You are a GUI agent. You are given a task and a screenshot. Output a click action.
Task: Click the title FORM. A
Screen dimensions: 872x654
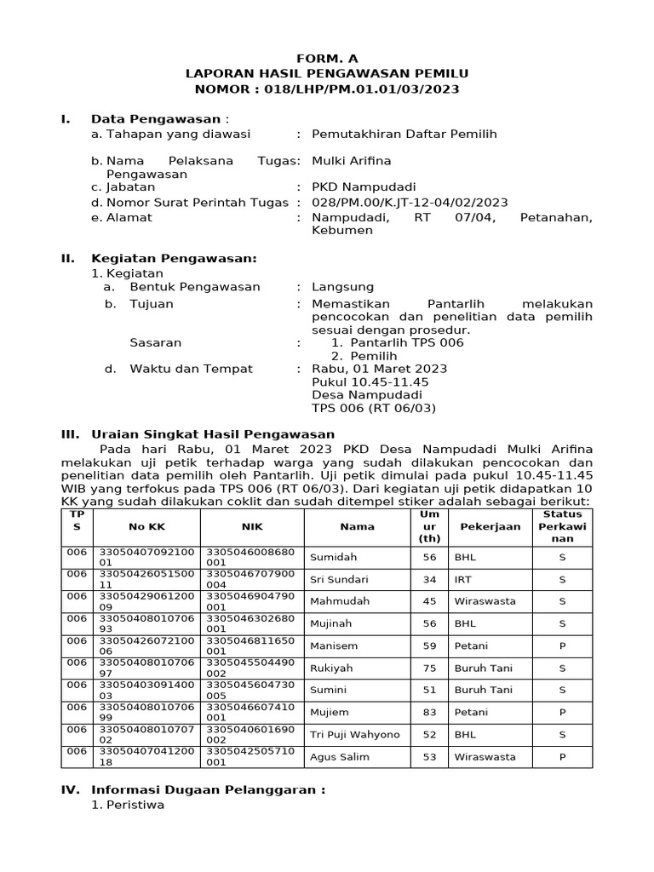pos(327,59)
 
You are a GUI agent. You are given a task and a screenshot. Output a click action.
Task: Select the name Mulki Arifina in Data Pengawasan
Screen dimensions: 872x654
pos(350,160)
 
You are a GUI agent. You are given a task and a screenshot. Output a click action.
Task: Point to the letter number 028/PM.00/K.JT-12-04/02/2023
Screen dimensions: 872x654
pos(410,203)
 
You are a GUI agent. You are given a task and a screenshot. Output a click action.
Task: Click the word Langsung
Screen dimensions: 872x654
pos(342,287)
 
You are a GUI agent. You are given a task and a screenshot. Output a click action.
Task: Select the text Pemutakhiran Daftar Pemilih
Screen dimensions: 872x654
pos(404,134)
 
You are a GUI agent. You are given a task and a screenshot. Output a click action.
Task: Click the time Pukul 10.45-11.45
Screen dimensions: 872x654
pos(370,382)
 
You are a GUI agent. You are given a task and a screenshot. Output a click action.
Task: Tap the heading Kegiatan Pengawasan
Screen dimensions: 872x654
pos(174,258)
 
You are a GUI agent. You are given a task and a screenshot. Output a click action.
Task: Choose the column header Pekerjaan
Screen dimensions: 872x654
pos(490,526)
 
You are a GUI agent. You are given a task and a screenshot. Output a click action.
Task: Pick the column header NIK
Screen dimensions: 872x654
pos(252,526)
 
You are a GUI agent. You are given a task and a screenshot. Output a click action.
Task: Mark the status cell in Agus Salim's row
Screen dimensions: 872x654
pos(562,757)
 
